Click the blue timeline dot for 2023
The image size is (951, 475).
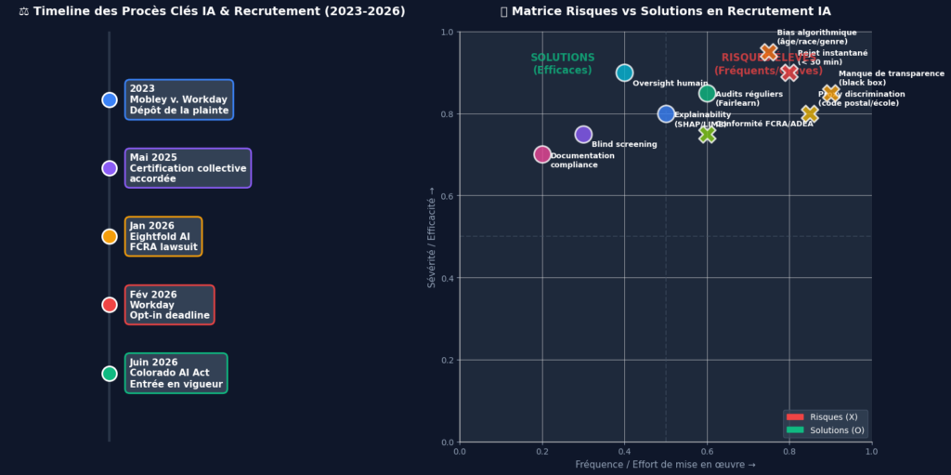point(110,99)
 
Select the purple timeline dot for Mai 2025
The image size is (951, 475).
point(110,168)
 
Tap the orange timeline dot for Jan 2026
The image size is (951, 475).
point(110,236)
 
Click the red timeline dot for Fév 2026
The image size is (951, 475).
point(110,305)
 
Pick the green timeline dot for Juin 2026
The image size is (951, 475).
point(110,374)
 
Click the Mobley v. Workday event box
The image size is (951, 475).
point(179,99)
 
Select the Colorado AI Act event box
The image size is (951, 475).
point(176,374)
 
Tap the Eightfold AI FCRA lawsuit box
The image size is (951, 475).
point(163,236)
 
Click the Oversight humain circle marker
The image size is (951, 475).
point(624,73)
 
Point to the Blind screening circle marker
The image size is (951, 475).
point(583,135)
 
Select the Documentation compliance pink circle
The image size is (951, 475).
point(542,154)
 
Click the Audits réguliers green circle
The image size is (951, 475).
point(707,93)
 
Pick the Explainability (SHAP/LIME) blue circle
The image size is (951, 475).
point(666,113)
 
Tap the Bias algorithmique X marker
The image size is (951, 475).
point(768,52)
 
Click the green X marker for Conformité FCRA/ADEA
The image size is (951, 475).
point(707,134)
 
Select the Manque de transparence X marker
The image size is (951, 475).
point(830,93)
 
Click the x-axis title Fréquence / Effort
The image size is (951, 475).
point(665,464)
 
